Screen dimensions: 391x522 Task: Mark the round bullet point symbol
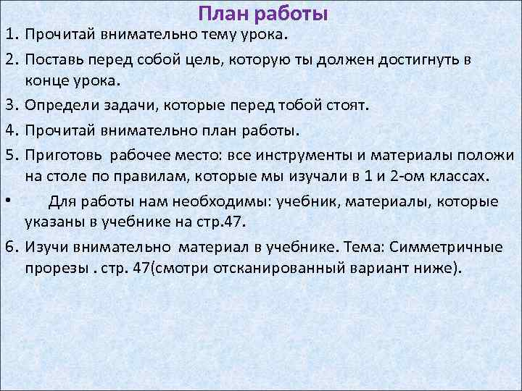click(6, 201)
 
